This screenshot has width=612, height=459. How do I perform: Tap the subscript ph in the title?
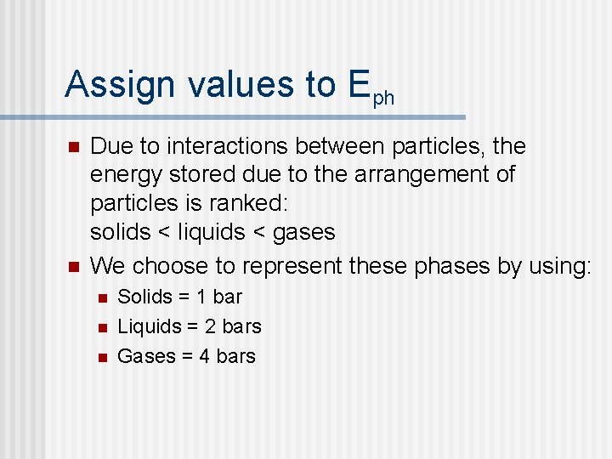[x=383, y=98]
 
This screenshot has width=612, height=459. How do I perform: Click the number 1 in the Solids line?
[x=201, y=297]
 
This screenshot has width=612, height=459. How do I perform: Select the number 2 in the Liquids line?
[x=209, y=326]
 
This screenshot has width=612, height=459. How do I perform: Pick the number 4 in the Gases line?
[x=204, y=356]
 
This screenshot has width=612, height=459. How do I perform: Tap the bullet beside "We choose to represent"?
[x=72, y=267]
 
